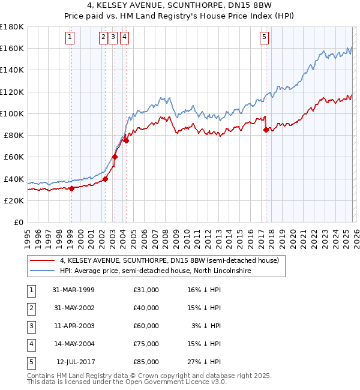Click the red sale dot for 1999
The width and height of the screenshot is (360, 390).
(71, 188)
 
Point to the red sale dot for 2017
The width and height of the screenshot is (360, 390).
(266, 129)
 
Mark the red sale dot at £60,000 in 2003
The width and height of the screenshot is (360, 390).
(115, 157)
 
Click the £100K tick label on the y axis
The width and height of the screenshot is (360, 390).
(12, 113)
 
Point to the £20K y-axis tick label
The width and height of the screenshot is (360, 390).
(14, 200)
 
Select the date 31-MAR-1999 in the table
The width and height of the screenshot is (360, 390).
(73, 290)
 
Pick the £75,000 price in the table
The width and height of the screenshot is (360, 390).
(146, 344)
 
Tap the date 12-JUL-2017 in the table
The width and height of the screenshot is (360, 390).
(74, 362)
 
